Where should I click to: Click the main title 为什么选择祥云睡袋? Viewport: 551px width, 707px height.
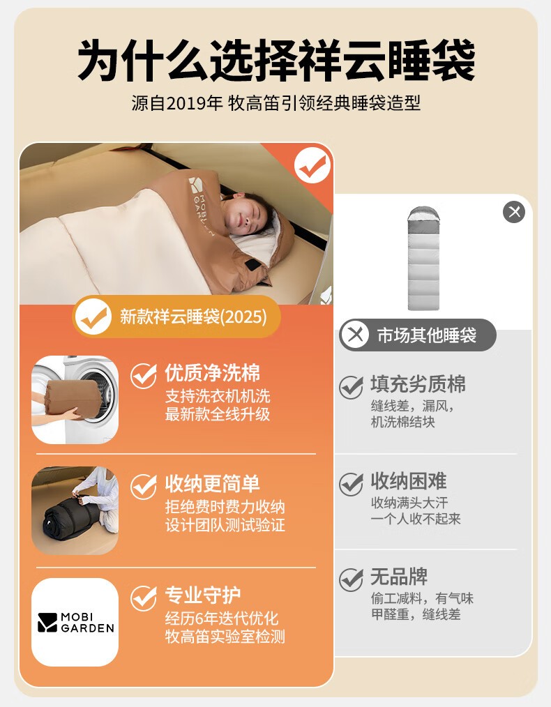pyautogui.click(x=276, y=61)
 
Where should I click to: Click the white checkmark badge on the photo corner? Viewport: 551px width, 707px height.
pyautogui.click(x=312, y=165)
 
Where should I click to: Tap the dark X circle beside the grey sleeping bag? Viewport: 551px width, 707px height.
pyautogui.click(x=514, y=211)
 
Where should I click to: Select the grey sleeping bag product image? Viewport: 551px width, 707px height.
pyautogui.click(x=423, y=259)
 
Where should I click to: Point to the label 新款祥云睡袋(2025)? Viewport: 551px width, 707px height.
pyautogui.click(x=193, y=317)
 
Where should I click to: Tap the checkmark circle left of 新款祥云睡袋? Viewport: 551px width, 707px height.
pyautogui.click(x=93, y=317)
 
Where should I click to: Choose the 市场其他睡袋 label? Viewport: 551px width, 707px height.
pyautogui.click(x=427, y=335)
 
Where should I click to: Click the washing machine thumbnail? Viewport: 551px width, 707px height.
pyautogui.click(x=75, y=400)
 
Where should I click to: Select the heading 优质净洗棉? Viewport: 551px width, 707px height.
pyautogui.click(x=212, y=373)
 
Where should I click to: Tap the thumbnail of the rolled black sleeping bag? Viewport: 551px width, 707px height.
pyautogui.click(x=75, y=510)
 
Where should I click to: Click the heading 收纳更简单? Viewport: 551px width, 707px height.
pyautogui.click(x=212, y=484)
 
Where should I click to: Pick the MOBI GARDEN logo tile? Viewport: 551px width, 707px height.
pyautogui.click(x=75, y=622)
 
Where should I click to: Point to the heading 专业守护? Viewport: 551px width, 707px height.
pyautogui.click(x=202, y=595)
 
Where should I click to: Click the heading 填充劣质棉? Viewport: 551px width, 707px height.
pyautogui.click(x=418, y=384)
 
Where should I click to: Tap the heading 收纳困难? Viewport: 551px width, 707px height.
pyautogui.click(x=409, y=481)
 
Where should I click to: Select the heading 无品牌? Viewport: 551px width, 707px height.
pyautogui.click(x=399, y=577)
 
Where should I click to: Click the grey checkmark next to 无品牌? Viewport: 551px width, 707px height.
pyautogui.click(x=352, y=579)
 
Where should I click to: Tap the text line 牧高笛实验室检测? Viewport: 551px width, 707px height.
pyautogui.click(x=225, y=636)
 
